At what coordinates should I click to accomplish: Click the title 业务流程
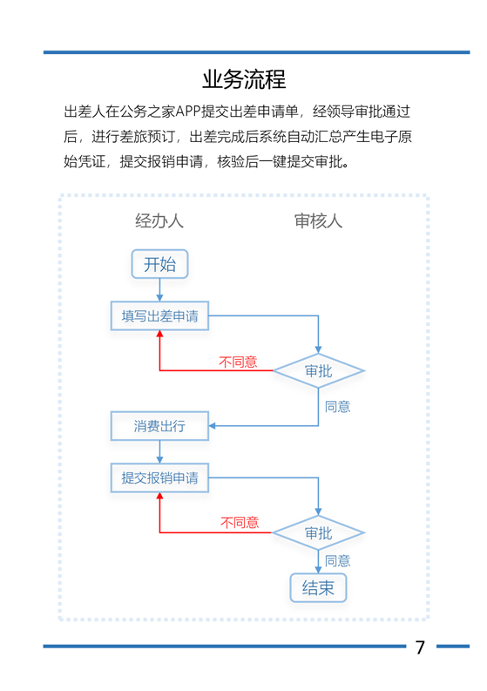(244, 80)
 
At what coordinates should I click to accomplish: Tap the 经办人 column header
(159, 220)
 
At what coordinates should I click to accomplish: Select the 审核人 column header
(318, 220)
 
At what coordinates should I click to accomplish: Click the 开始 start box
(159, 264)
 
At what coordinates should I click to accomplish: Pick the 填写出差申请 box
(159, 316)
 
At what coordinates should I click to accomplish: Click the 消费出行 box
(159, 426)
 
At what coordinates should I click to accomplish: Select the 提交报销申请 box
(159, 478)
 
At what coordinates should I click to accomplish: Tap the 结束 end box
(318, 588)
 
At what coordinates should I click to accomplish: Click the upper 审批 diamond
(318, 371)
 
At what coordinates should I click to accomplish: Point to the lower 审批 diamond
(318, 532)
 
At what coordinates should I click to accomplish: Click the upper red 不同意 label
(238, 362)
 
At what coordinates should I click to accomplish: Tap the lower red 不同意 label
(240, 523)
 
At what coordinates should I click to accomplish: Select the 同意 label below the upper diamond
(338, 407)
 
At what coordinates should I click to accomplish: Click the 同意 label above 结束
(338, 561)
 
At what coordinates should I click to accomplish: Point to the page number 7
(420, 647)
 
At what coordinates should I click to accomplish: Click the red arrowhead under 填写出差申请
(159, 334)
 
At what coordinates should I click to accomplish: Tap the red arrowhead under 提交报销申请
(159, 495)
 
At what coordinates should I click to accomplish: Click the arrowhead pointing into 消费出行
(212, 426)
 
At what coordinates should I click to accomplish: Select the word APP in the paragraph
(188, 112)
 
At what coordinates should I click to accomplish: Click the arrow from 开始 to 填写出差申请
(159, 290)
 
